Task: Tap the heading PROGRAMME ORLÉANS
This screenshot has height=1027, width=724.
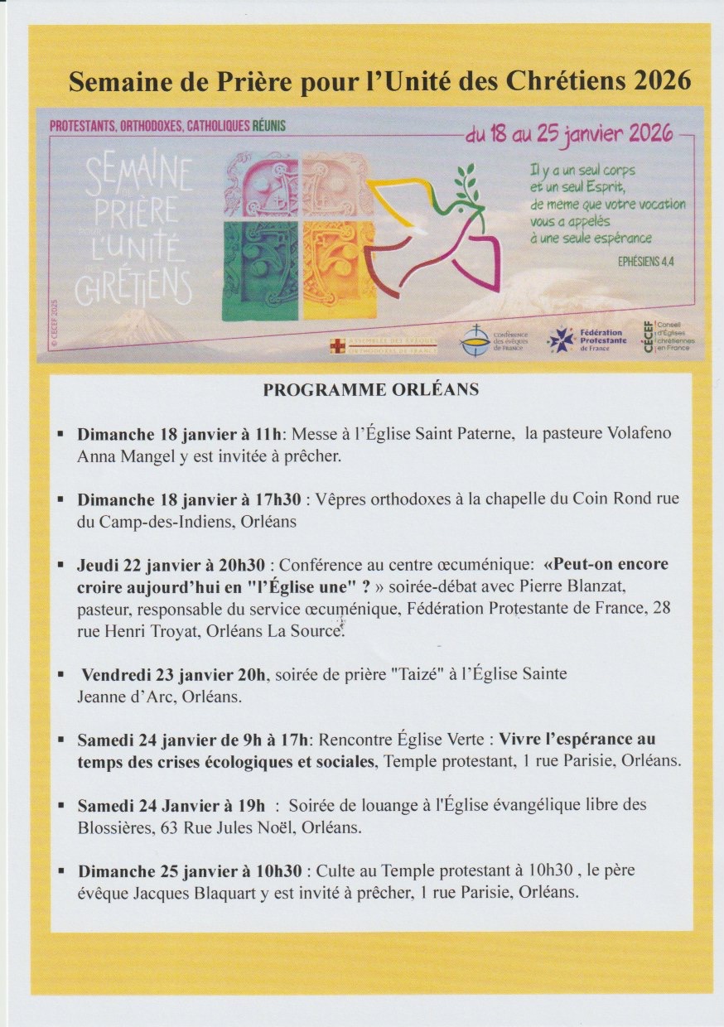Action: pos(371,390)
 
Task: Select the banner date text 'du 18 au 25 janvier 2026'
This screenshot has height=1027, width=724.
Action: pos(569,135)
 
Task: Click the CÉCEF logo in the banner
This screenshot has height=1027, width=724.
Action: pos(668,335)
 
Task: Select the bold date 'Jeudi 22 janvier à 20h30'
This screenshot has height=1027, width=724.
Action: pos(171,565)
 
